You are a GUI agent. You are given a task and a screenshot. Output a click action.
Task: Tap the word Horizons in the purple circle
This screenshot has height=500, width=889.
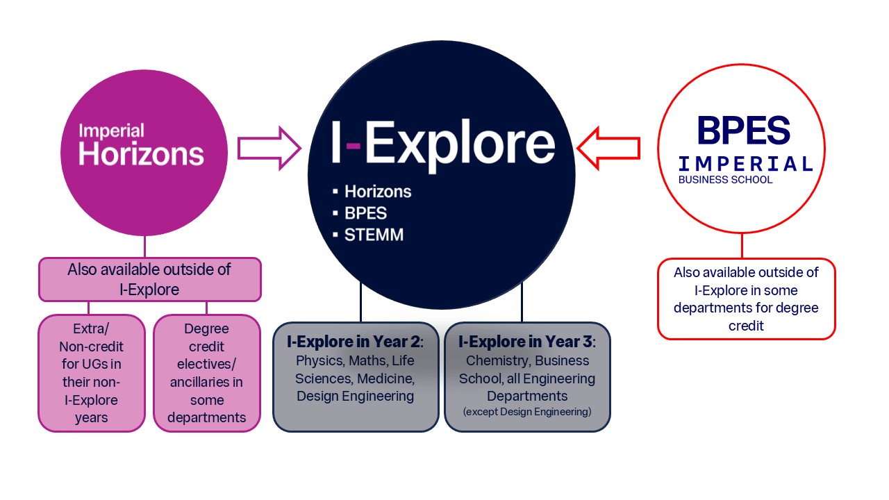pyautogui.click(x=141, y=153)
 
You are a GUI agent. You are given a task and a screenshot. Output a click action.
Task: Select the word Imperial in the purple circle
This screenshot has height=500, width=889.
pyautogui.click(x=111, y=131)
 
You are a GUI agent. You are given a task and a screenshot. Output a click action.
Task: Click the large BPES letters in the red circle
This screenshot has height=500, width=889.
pyautogui.click(x=743, y=131)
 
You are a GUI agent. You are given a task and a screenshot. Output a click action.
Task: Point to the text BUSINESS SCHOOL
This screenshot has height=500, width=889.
pyautogui.click(x=725, y=180)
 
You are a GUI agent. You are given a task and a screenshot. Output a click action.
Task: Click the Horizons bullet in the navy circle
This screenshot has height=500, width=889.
pyautogui.click(x=377, y=191)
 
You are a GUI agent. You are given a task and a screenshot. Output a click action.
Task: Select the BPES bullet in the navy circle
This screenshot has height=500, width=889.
pyautogui.click(x=365, y=213)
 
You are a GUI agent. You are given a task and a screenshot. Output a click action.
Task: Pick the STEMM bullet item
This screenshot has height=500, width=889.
pyautogui.click(x=373, y=235)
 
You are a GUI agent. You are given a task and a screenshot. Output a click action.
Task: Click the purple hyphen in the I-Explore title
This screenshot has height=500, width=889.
pyautogui.click(x=354, y=145)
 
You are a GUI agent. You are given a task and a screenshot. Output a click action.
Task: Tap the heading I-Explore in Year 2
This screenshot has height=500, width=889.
pyautogui.click(x=356, y=342)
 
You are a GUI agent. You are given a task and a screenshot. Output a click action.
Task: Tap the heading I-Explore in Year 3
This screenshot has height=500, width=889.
pyautogui.click(x=527, y=342)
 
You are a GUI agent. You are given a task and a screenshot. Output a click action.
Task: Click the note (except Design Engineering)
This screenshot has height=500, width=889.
pyautogui.click(x=527, y=412)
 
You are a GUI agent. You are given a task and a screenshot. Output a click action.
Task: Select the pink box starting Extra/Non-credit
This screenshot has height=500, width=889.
pyautogui.click(x=91, y=373)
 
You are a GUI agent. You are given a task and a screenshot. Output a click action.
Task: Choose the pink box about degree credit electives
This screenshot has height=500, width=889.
pyautogui.click(x=206, y=373)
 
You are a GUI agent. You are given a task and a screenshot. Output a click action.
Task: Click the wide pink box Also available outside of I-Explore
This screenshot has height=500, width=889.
pyautogui.click(x=149, y=279)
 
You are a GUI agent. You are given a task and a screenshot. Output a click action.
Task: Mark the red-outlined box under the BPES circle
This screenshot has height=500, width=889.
pyautogui.click(x=746, y=299)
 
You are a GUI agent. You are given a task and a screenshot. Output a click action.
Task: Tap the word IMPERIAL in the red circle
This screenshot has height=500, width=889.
pyautogui.click(x=745, y=164)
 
